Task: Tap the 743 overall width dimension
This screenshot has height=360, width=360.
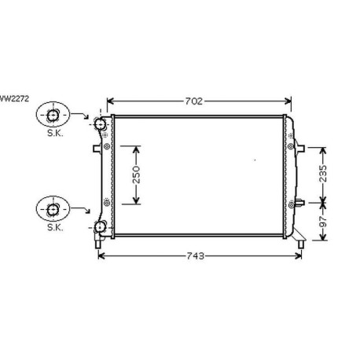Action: tap(196, 255)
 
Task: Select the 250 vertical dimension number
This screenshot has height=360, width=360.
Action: tap(136, 174)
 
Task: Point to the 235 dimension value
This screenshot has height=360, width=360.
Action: tap(321, 173)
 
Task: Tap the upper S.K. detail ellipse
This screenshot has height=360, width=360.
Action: tap(53, 117)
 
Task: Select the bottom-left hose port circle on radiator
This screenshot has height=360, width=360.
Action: tap(101, 228)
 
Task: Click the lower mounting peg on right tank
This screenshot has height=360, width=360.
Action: tap(295, 204)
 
